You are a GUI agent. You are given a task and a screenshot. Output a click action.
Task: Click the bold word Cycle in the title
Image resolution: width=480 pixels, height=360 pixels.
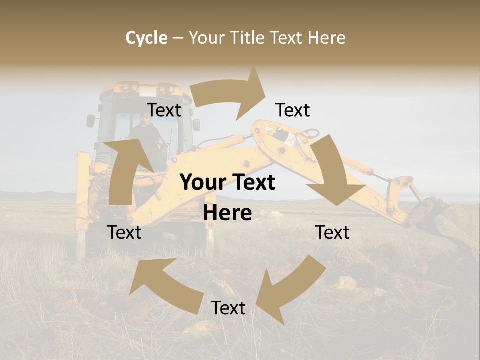tap(146, 38)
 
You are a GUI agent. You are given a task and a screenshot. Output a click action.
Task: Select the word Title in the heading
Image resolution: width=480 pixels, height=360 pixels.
tap(245, 38)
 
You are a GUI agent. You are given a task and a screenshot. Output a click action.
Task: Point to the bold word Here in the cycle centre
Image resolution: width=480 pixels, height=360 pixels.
tap(227, 213)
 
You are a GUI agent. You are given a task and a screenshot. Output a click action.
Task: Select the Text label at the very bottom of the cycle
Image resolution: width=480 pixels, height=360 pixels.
tap(228, 308)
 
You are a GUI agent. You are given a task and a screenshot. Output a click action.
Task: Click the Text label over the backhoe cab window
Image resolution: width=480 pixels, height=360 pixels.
tap(164, 110)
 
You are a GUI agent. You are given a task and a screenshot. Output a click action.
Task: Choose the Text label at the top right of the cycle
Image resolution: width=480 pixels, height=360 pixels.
tap(293, 110)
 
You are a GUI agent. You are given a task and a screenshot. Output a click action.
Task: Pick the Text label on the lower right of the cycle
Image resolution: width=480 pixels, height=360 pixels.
tap(332, 232)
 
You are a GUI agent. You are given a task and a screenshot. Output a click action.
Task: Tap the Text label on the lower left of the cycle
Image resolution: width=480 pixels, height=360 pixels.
tap(124, 232)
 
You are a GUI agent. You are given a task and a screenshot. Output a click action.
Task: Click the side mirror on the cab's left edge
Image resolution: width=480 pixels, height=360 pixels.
tap(90, 120)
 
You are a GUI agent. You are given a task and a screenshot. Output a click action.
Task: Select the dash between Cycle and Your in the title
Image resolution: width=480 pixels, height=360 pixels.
tap(178, 38)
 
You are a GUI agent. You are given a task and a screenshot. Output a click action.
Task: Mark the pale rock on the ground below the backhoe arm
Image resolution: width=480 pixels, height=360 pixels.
tap(346, 283)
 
